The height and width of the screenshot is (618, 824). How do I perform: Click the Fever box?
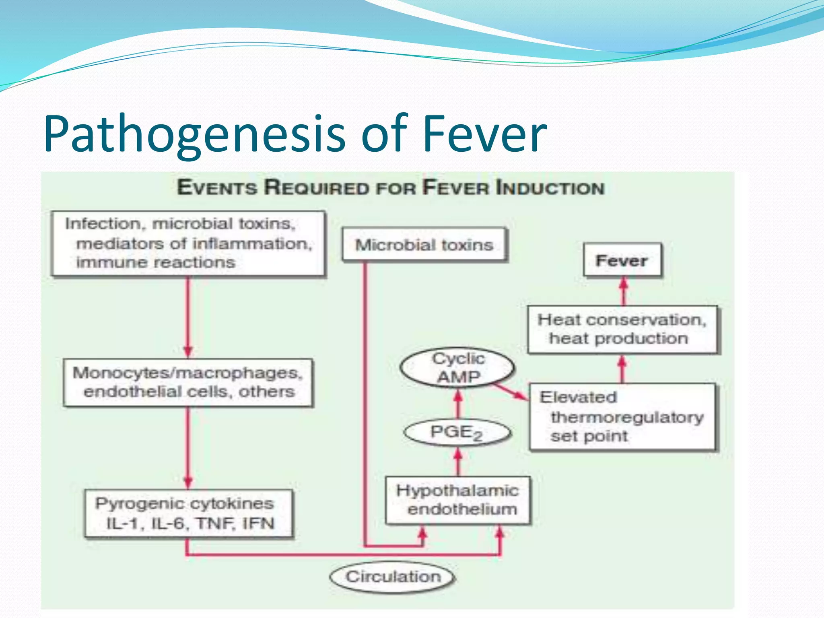pyautogui.click(x=622, y=261)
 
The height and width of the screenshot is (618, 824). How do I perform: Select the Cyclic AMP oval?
pyautogui.click(x=458, y=367)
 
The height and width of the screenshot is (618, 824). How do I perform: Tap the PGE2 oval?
pyautogui.click(x=457, y=433)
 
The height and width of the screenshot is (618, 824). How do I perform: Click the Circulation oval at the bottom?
pyautogui.click(x=393, y=577)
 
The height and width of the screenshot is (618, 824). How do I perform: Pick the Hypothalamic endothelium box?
pyautogui.click(x=458, y=500)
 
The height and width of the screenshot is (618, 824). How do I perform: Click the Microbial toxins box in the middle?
pyautogui.click(x=424, y=245)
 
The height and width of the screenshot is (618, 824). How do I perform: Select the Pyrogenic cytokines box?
pyautogui.click(x=188, y=513)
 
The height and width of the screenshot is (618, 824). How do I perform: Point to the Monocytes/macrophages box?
pyautogui.click(x=188, y=382)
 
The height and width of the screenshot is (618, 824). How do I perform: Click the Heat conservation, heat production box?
pyautogui.click(x=622, y=329)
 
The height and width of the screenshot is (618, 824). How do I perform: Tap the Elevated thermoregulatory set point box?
pyautogui.click(x=622, y=416)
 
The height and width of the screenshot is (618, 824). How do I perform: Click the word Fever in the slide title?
pyautogui.click(x=484, y=134)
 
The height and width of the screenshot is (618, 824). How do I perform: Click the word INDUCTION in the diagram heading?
pyautogui.click(x=550, y=188)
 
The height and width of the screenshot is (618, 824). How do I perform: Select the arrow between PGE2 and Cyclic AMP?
pyautogui.click(x=458, y=405)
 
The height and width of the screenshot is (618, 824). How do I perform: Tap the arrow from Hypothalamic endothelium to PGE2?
pyautogui.click(x=458, y=462)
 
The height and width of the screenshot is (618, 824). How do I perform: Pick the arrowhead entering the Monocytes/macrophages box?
pyautogui.click(x=188, y=351)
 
